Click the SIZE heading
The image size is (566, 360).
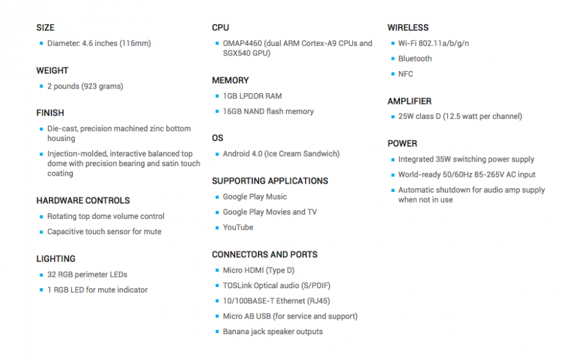(45, 28)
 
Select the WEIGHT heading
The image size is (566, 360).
(52, 70)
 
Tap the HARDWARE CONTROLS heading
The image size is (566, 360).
(83, 201)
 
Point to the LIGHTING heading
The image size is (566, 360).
(56, 259)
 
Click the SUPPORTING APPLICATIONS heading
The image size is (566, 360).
(270, 181)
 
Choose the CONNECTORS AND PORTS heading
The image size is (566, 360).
(265, 254)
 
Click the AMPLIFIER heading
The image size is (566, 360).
(409, 101)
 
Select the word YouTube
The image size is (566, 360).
(238, 227)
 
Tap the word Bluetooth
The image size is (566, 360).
(415, 59)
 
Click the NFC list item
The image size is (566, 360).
(406, 74)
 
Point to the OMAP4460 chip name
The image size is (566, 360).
(242, 43)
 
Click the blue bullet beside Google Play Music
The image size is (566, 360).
(217, 197)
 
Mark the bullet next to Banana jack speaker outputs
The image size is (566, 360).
(217, 332)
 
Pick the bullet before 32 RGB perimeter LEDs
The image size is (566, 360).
(41, 275)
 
